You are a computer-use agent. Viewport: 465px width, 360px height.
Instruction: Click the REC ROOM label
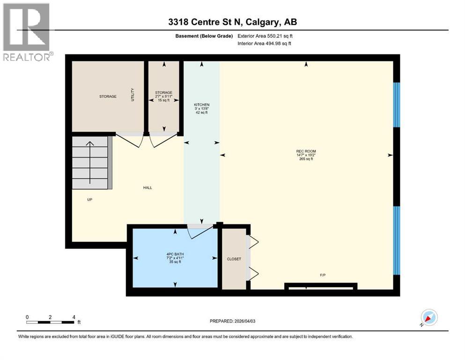click(306, 151)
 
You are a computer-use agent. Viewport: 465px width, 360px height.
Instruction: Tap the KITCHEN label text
click(202, 105)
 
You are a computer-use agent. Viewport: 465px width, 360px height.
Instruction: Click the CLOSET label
click(234, 259)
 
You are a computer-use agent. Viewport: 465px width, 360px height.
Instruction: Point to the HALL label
click(148, 187)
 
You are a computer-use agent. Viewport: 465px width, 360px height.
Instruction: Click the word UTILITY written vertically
click(133, 96)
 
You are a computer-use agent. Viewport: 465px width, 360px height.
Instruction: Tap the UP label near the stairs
click(89, 199)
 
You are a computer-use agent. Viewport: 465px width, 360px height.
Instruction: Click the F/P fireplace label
click(322, 275)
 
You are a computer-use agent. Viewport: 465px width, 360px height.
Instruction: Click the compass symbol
click(429, 317)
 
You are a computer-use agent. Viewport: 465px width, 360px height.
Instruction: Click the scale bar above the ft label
click(50, 322)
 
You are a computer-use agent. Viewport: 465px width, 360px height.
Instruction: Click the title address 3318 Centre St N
click(232, 22)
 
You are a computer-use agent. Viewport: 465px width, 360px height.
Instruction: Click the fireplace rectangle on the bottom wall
click(321, 285)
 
